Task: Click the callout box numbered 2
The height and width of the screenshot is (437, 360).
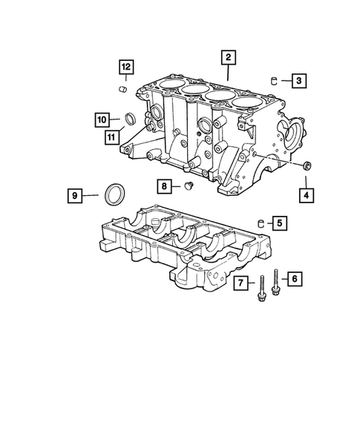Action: [x=229, y=57]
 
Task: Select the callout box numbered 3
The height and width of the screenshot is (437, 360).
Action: [x=297, y=80]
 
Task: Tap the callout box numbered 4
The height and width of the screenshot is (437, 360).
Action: [x=306, y=195]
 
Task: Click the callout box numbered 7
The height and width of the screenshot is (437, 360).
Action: [x=241, y=283]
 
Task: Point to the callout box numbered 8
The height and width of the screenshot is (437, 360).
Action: [x=166, y=185]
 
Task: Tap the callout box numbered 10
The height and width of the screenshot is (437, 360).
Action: [x=102, y=119]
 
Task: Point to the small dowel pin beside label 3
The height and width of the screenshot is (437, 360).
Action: [x=274, y=79]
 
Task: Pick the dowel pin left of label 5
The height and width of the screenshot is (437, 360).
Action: [x=261, y=222]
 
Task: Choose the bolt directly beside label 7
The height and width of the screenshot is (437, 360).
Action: [x=262, y=289]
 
